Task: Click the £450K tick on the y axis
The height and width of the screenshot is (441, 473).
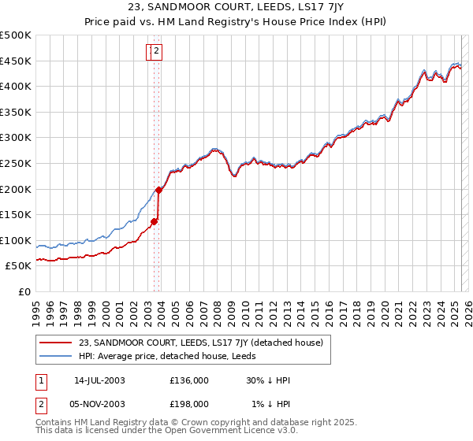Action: click(16, 61)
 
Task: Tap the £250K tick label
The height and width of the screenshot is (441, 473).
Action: click(16, 163)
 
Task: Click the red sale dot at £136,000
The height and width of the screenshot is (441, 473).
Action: click(155, 221)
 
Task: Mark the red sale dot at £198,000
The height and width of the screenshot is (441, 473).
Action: click(158, 189)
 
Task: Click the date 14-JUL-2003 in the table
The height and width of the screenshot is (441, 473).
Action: click(99, 380)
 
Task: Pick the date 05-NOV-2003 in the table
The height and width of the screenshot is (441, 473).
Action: click(99, 403)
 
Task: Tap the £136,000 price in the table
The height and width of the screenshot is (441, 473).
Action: click(189, 380)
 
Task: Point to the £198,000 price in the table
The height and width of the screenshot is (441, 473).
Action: click(189, 403)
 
